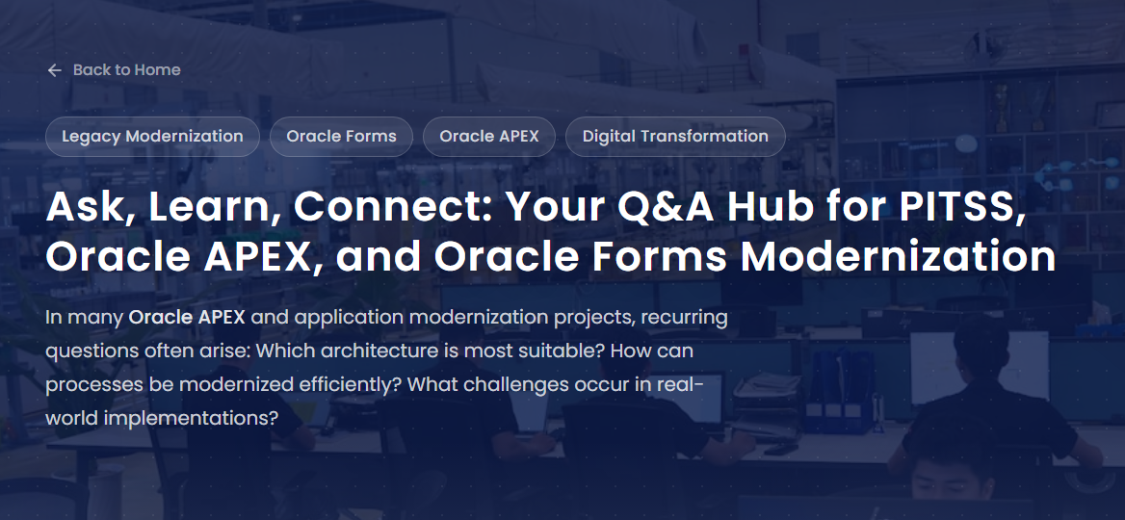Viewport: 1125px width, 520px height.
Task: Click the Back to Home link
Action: [114, 69]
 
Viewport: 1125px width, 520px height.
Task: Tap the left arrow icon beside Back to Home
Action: [55, 69]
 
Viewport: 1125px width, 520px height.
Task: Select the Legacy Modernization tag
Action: [152, 137]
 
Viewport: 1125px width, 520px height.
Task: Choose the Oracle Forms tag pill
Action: [342, 137]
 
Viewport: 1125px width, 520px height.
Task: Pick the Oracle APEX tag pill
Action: [489, 137]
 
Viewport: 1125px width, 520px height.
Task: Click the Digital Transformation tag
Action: [675, 137]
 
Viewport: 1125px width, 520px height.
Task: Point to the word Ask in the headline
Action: [90, 207]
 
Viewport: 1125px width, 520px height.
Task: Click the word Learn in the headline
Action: [215, 207]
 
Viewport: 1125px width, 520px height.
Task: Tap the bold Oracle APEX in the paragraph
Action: [187, 317]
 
